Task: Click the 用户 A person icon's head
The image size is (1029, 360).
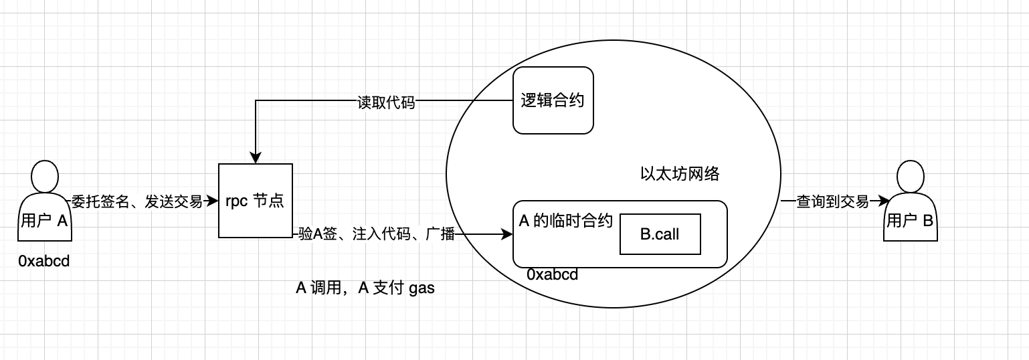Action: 45,177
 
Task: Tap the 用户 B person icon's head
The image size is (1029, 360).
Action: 909,177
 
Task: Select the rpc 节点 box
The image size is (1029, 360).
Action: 256,201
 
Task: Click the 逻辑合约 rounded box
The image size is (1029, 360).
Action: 553,100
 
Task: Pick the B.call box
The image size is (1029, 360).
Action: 660,234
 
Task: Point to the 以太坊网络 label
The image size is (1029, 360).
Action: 680,175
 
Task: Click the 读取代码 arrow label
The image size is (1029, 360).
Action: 386,102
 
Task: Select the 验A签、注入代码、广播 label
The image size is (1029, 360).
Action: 377,234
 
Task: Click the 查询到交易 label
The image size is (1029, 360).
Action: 832,201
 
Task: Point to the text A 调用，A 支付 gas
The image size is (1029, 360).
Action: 365,288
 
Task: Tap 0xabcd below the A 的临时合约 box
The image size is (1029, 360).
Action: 552,275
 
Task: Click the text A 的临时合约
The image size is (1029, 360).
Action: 566,221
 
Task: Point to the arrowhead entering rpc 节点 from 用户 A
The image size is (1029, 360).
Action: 213,201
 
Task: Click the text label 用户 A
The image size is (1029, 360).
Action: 45,221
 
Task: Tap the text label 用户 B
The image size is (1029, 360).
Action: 909,221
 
